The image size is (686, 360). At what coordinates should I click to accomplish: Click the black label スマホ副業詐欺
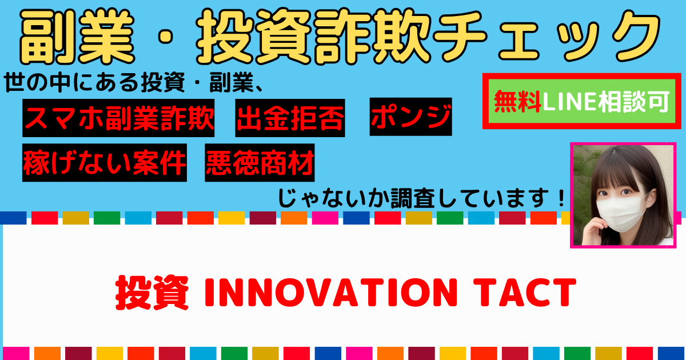[x=118, y=118]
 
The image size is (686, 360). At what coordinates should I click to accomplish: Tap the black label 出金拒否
[x=290, y=118]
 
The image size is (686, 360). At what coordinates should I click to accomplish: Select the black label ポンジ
[x=410, y=117]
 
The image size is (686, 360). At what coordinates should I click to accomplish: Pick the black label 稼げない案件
[x=105, y=162]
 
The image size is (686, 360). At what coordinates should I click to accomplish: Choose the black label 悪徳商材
[x=260, y=162]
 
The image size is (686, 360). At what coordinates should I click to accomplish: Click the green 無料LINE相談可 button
[x=582, y=101]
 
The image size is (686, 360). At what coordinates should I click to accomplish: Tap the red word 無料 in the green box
[x=517, y=101]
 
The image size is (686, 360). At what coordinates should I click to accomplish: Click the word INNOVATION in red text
[x=331, y=293]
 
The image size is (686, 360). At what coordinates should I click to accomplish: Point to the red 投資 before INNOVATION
[x=152, y=293]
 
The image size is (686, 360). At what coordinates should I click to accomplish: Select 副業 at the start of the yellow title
[x=77, y=37]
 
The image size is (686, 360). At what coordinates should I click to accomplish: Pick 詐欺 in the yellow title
[x=374, y=37]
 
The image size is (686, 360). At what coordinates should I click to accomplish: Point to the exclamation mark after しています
[x=561, y=198]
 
